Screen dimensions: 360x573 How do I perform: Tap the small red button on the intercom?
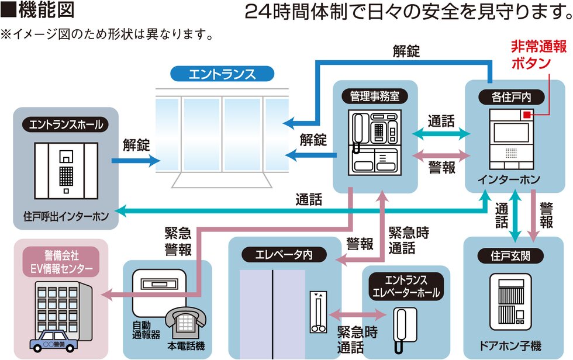[527, 114]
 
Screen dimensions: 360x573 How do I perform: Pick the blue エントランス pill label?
[222, 74]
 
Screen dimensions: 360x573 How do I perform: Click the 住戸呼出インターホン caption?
[63, 217]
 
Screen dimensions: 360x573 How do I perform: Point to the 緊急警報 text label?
[178, 241]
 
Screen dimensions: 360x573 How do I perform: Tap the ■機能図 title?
[38, 12]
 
